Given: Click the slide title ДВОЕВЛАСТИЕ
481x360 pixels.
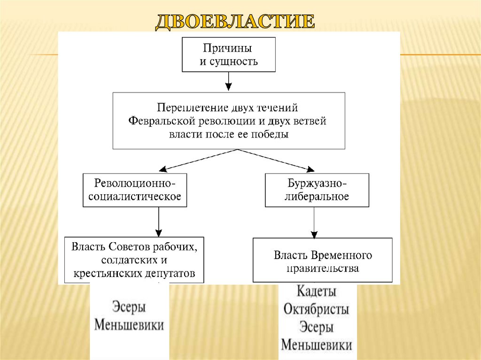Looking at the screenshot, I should pos(235,22).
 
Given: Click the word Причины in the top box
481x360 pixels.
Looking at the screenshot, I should pos(228,48).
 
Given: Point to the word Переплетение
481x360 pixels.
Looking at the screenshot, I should pos(192,108).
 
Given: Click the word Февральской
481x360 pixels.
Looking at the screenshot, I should pos(159,121).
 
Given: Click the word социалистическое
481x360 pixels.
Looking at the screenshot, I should pos(135,196).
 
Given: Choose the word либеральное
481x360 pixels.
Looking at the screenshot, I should pos(318,196).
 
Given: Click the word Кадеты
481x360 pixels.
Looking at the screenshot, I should pos(317,291).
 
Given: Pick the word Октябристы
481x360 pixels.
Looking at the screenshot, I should pos(317,310).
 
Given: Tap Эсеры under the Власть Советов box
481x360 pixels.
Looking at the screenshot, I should pos(129,308).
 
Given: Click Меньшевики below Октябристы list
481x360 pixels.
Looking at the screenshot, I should pos(317,345).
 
